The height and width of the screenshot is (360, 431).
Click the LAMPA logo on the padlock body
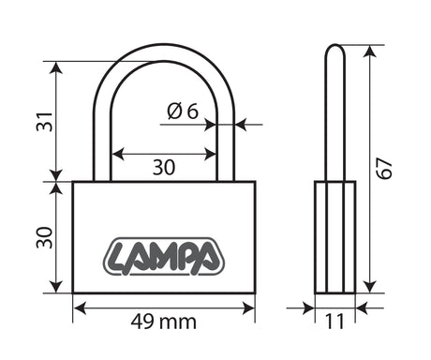pyautogui.click(x=164, y=257)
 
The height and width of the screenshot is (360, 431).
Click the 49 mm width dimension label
pyautogui.click(x=164, y=322)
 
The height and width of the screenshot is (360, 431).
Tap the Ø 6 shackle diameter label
pyautogui.click(x=183, y=111)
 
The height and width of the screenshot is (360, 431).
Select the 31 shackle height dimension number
pyautogui.click(x=45, y=122)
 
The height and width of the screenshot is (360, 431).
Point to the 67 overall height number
pyautogui.click(x=384, y=169)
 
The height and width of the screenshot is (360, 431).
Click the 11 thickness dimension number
pyautogui.click(x=334, y=322)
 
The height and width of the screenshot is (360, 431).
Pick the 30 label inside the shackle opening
pyautogui.click(x=164, y=167)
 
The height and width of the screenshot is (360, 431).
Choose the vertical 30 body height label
pyautogui.click(x=45, y=237)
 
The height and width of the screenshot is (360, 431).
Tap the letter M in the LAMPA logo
pyautogui.click(x=166, y=256)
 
